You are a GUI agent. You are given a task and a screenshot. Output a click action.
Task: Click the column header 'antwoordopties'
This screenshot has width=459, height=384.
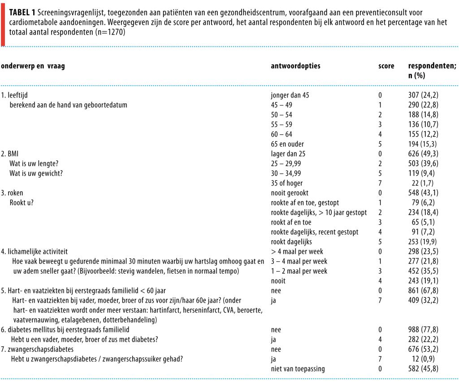295,66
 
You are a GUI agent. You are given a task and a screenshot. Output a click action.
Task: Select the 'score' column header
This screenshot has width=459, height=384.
386,66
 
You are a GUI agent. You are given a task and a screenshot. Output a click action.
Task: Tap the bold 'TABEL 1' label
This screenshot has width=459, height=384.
22,13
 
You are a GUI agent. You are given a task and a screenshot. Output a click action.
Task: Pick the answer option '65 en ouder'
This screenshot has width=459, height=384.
287,144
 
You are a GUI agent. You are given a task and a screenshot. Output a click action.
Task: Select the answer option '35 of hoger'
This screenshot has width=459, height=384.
286,183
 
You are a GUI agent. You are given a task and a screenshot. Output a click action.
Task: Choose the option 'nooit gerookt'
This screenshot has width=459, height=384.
290,193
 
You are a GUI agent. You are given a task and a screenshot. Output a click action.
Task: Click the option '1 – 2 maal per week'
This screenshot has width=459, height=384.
299,271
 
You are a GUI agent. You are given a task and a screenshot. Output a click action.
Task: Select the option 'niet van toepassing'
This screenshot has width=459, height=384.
298,369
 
